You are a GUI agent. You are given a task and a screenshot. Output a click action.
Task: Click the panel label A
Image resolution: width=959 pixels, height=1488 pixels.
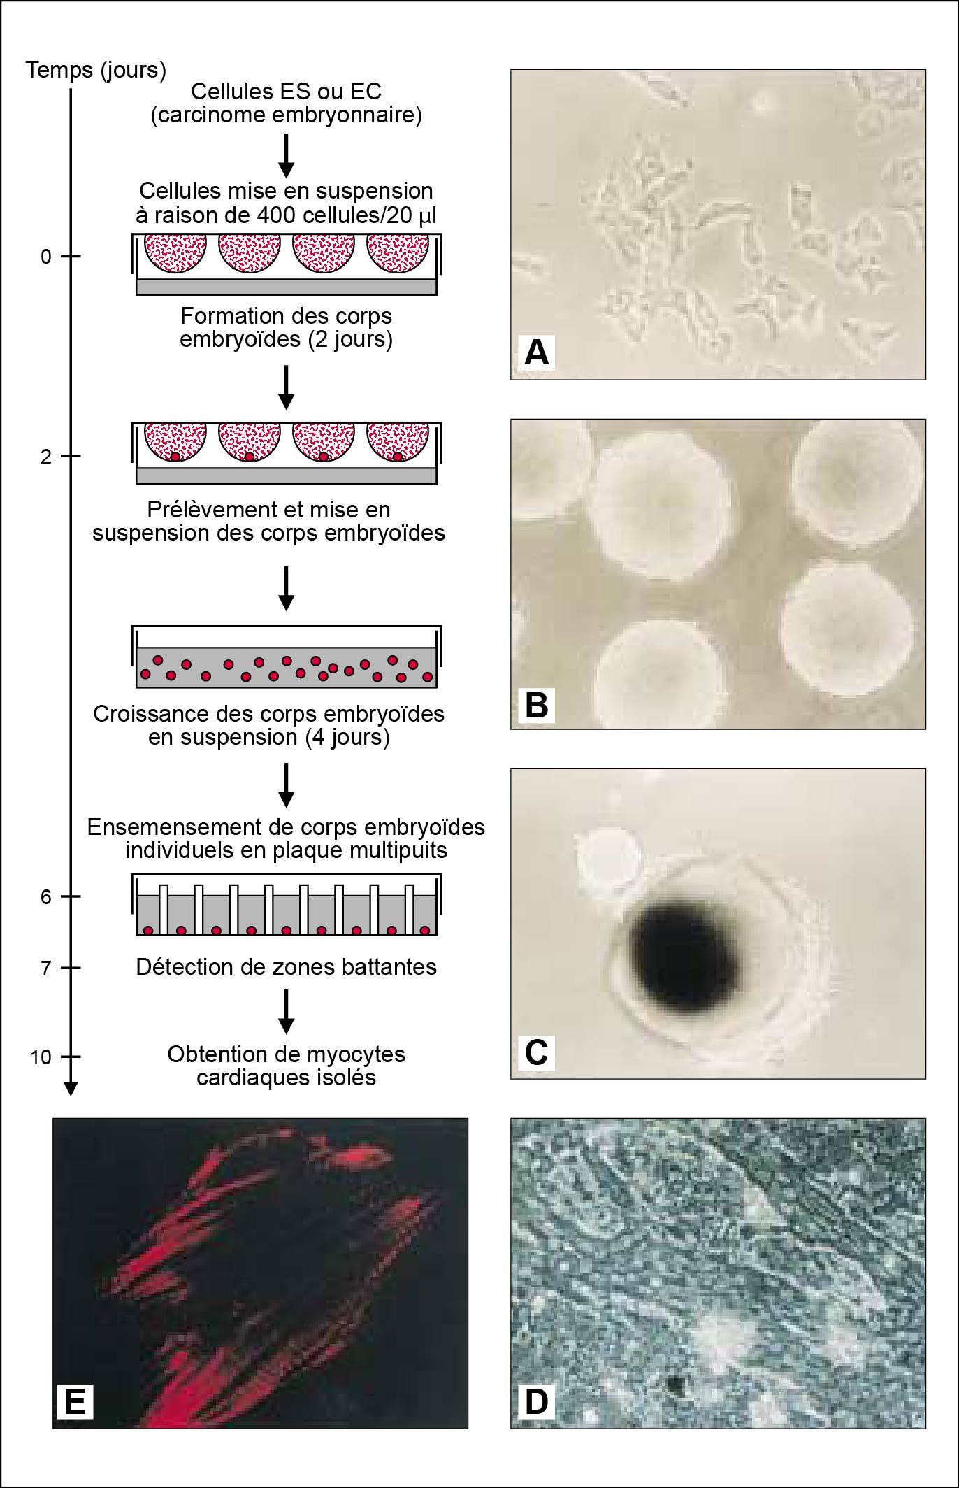[536, 352]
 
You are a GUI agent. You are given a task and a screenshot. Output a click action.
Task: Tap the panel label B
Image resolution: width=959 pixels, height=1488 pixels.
[536, 704]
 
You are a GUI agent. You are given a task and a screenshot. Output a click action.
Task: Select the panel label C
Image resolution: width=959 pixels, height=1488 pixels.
[536, 1052]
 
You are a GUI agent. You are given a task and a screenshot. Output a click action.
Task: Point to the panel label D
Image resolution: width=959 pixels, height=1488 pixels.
[536, 1401]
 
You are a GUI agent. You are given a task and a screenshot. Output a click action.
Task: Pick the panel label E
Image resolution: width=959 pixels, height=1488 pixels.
[75, 1401]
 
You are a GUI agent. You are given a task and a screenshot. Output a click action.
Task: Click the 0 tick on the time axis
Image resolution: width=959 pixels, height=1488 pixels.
[71, 257]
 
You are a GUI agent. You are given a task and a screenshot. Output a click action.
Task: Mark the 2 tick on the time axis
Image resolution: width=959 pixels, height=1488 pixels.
[71, 456]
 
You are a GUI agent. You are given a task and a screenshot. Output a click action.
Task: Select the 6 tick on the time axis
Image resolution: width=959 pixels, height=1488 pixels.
[71, 896]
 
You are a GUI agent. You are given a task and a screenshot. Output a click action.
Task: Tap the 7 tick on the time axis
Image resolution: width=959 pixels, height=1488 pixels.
[71, 968]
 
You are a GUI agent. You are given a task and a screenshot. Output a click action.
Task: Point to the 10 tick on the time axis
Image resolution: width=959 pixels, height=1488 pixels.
[71, 1057]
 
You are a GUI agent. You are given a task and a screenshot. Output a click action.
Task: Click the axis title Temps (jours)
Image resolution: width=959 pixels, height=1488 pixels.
[96, 70]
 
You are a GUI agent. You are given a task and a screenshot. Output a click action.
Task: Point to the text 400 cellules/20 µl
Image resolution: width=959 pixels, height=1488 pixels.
[347, 215]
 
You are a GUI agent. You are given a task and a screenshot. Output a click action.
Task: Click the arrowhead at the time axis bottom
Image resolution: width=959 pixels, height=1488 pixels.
[71, 1088]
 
